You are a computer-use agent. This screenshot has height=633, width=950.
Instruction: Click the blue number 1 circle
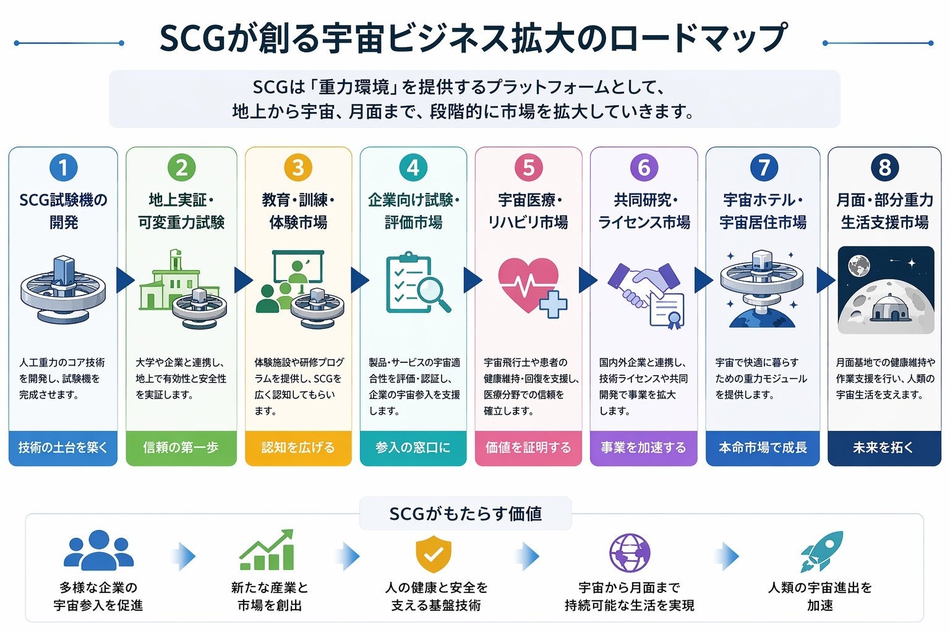(x=63, y=168)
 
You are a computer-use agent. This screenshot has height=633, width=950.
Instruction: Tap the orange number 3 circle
(x=298, y=168)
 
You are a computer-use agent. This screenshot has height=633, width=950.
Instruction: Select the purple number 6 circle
(x=644, y=168)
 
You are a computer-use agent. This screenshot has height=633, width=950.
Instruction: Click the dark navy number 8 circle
(x=884, y=168)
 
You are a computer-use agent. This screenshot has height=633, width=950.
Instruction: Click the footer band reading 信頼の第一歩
(x=181, y=448)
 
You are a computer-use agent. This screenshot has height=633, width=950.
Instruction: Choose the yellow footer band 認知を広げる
(x=298, y=448)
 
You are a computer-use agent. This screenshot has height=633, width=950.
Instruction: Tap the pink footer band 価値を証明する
(x=528, y=448)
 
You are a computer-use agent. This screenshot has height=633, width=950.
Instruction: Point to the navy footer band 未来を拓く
(x=884, y=448)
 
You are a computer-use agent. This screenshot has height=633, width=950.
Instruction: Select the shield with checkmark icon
(x=434, y=554)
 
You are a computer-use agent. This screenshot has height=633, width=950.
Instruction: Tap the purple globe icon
(x=630, y=553)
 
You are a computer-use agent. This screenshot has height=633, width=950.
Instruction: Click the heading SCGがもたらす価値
(x=465, y=514)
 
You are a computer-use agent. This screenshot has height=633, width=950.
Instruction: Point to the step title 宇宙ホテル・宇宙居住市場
(x=763, y=211)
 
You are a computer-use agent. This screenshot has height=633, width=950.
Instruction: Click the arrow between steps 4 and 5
(x=472, y=280)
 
